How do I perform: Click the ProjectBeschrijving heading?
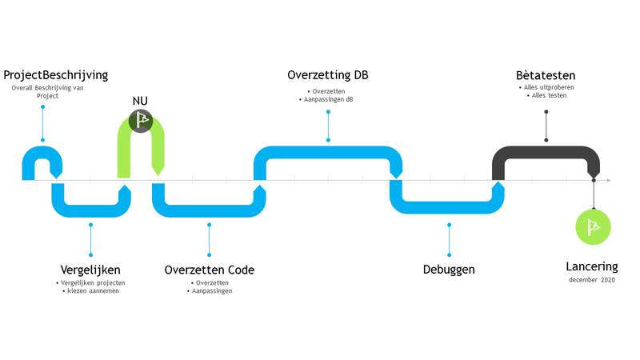[x=55, y=75]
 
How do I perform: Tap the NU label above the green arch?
[x=140, y=101]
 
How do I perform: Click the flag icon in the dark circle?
[x=142, y=120]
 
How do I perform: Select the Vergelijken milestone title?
[x=90, y=270]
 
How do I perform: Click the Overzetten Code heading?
[x=209, y=270]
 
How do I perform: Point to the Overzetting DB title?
[x=327, y=75]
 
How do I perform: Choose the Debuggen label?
[x=449, y=270]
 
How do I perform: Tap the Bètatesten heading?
[x=546, y=75]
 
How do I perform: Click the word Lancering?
[x=592, y=266]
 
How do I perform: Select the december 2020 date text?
[x=593, y=280]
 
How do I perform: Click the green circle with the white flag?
[x=594, y=226]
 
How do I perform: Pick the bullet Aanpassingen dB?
[x=328, y=99]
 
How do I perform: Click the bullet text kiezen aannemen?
[x=92, y=291]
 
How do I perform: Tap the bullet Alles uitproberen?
[x=547, y=87]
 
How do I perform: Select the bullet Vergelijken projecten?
[x=92, y=282]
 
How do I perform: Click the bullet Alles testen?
[x=547, y=96]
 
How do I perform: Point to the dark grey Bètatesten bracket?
[x=546, y=153]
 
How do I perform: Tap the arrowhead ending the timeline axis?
[x=609, y=181]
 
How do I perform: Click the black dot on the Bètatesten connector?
[x=546, y=140]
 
